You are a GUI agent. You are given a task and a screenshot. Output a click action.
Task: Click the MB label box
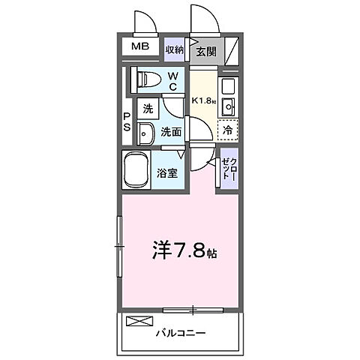[140, 46]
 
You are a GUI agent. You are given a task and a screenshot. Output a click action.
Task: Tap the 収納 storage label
[175, 49]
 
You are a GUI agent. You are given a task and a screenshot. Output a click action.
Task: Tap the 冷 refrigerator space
[227, 130]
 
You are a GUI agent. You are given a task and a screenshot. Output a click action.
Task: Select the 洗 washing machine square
[148, 109]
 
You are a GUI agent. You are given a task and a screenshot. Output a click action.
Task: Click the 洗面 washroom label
[171, 131]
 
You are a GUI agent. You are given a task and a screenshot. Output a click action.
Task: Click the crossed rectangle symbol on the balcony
[139, 322]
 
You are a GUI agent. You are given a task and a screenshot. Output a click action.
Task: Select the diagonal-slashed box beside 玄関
[231, 50]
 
